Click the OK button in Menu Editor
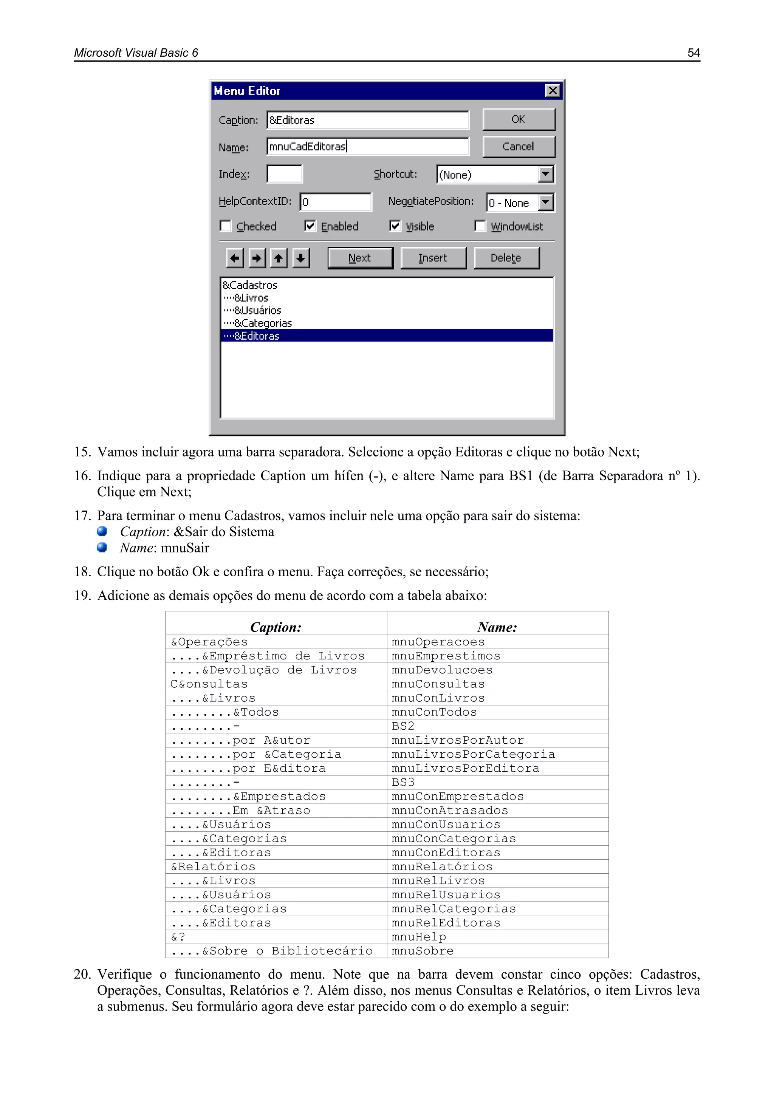coord(519,119)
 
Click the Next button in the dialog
coord(360,258)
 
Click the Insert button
coord(433,258)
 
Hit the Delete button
coord(506,258)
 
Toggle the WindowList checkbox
coord(480,226)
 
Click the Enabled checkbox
coord(310,226)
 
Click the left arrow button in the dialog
coord(234,258)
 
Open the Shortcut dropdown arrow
coord(546,174)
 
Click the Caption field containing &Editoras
coord(367,120)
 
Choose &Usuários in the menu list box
coord(258,311)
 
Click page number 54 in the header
coord(694,53)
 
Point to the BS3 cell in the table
coord(403,782)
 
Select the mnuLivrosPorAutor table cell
coord(458,740)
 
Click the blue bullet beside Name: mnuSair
coord(102,548)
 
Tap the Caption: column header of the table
coord(276,627)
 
